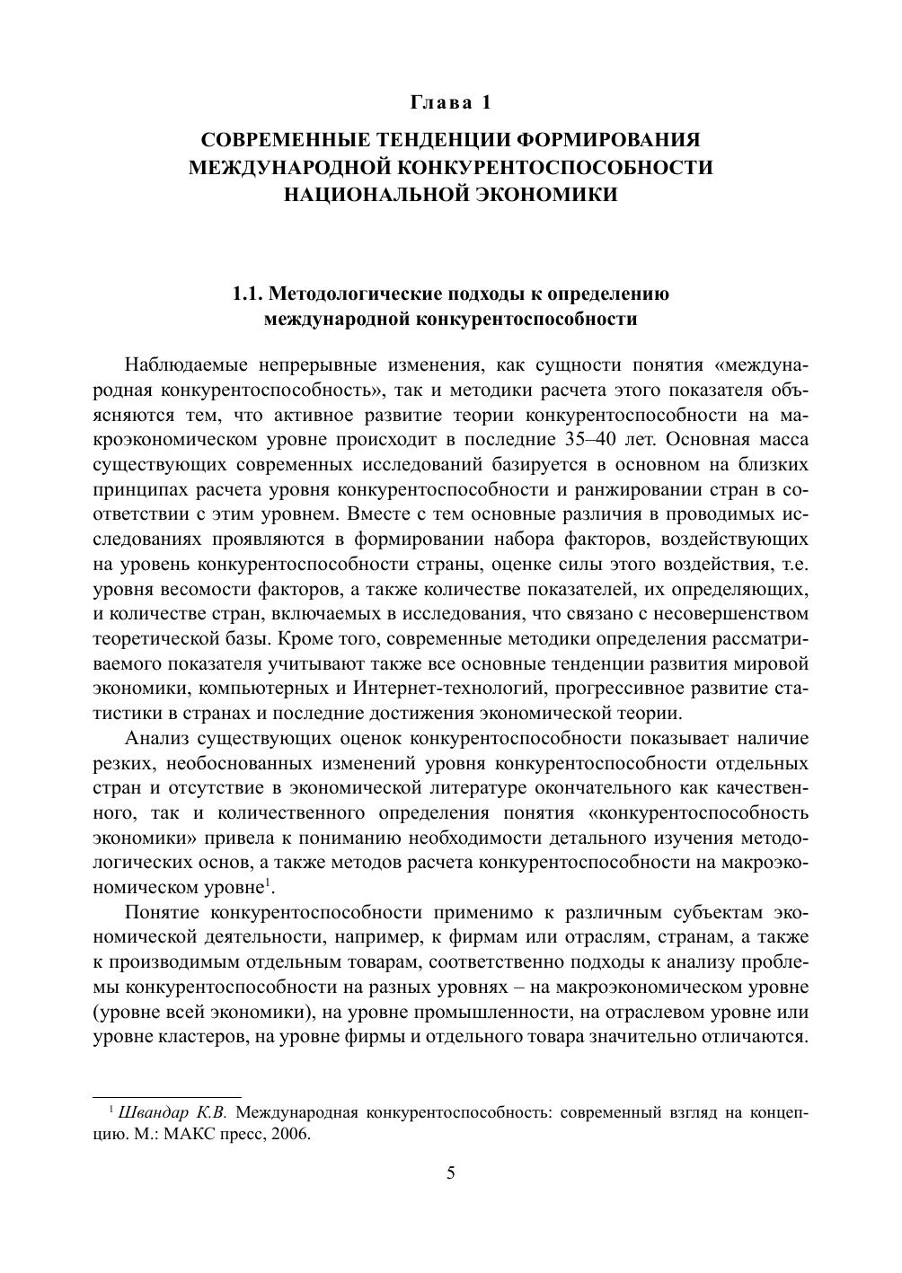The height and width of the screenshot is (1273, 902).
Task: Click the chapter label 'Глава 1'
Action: (451, 102)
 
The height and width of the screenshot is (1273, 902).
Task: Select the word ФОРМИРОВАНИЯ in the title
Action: (611, 140)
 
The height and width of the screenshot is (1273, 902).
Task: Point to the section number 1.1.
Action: (248, 294)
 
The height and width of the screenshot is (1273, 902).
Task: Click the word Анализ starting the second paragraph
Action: (155, 739)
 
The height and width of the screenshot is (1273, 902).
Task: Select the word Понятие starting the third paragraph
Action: (163, 912)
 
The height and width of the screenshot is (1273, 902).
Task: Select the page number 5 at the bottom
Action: (451, 1173)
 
